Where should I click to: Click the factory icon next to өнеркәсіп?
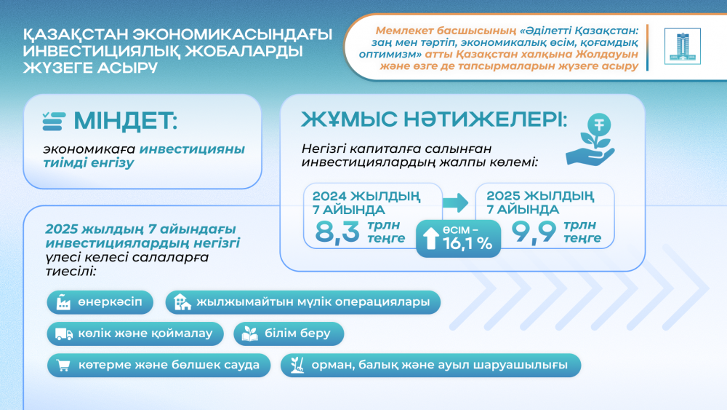(60, 301)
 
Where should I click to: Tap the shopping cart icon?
(63, 364)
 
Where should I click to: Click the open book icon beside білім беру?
(249, 334)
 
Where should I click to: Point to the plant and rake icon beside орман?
(296, 364)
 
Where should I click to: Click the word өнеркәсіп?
(105, 301)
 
